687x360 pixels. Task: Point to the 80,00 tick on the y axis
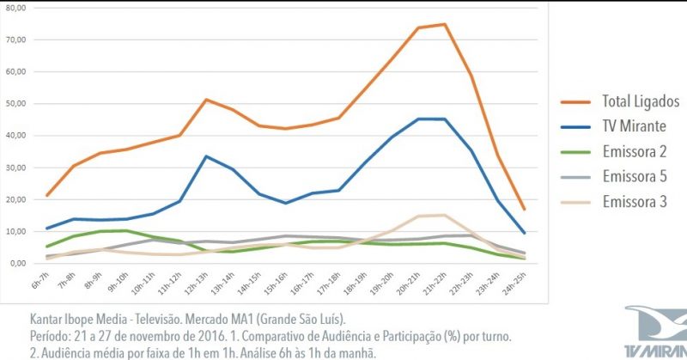pos(17,8)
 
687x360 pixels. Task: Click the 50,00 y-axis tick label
pos(17,104)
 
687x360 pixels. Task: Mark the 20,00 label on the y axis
pos(17,200)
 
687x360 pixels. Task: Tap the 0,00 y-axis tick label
pos(20,264)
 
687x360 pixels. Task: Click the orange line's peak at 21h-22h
pos(445,24)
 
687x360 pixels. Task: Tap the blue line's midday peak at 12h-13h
pos(207,156)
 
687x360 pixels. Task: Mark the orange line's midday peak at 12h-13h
pos(207,100)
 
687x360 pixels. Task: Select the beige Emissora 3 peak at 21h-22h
pos(445,215)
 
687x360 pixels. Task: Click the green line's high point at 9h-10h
pos(127,230)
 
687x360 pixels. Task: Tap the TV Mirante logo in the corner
pos(656,331)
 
